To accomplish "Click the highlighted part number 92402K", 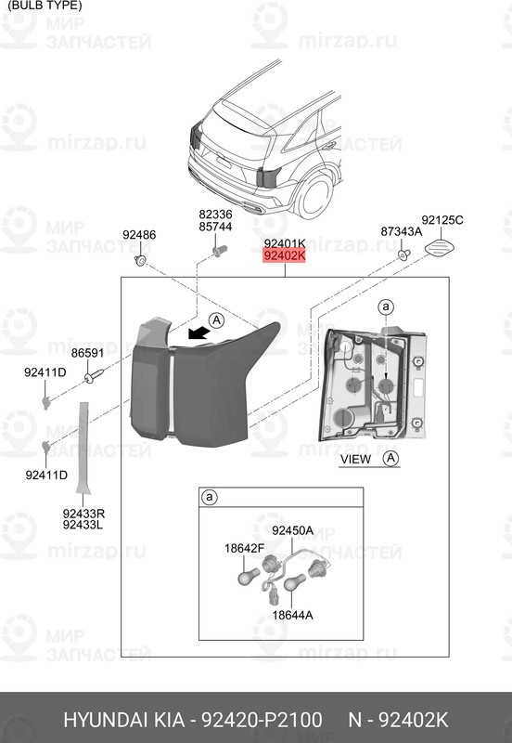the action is pyautogui.click(x=285, y=256).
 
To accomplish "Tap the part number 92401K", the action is pyautogui.click(x=285, y=243).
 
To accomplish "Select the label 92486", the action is pyautogui.click(x=139, y=235).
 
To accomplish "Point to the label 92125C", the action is pyautogui.click(x=442, y=220).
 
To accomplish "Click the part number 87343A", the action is pyautogui.click(x=402, y=231).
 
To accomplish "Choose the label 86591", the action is pyautogui.click(x=87, y=353).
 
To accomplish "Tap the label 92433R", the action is pyautogui.click(x=83, y=514).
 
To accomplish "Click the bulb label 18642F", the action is pyautogui.click(x=244, y=548).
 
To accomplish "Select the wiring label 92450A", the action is pyautogui.click(x=292, y=530).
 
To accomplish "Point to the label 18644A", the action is pyautogui.click(x=292, y=615).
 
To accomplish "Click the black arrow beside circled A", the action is pyautogui.click(x=199, y=332).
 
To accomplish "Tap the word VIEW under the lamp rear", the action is pyautogui.click(x=355, y=459).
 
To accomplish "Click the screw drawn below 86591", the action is pyautogui.click(x=95, y=375).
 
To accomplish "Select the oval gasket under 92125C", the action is pyautogui.click(x=440, y=247).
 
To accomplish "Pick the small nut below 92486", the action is pyautogui.click(x=140, y=260).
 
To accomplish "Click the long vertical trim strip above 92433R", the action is pyautogui.click(x=83, y=448).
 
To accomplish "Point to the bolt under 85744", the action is pyautogui.click(x=220, y=250).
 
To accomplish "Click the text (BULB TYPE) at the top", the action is pyautogui.click(x=45, y=6).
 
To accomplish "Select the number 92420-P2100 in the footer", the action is pyautogui.click(x=262, y=720).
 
